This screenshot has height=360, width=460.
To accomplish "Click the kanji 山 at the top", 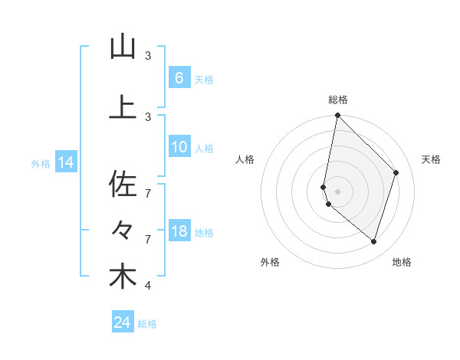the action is pyautogui.click(x=123, y=47).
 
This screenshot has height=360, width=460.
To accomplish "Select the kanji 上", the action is pyautogui.click(x=123, y=108).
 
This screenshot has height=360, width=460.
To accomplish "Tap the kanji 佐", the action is pyautogui.click(x=123, y=184).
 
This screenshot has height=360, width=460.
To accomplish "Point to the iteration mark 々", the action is pyautogui.click(x=123, y=230).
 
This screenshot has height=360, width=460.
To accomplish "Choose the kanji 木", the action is pyautogui.click(x=123, y=277).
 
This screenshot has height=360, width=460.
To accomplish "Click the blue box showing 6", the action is pyautogui.click(x=179, y=77).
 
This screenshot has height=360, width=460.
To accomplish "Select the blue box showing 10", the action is pyautogui.click(x=179, y=147).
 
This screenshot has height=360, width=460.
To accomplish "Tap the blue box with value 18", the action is pyautogui.click(x=179, y=231).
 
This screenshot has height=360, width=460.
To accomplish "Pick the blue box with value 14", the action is pyautogui.click(x=65, y=162).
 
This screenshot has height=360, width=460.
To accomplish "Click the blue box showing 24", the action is pyautogui.click(x=122, y=322).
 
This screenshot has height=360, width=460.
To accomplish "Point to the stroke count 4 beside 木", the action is pyautogui.click(x=148, y=286).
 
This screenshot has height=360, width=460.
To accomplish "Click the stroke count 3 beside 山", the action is pyautogui.click(x=148, y=56).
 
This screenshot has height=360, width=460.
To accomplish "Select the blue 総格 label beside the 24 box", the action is pyautogui.click(x=147, y=324).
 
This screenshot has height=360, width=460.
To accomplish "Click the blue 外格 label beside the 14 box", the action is pyautogui.click(x=41, y=163).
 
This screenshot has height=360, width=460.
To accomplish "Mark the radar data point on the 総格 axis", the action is pyautogui.click(x=337, y=116).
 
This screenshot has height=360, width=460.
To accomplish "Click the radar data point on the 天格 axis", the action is pyautogui.click(x=396, y=172).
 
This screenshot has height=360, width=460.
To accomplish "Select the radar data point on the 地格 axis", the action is pyautogui.click(x=373, y=242).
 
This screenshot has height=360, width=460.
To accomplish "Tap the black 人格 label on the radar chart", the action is pyautogui.click(x=245, y=159).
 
